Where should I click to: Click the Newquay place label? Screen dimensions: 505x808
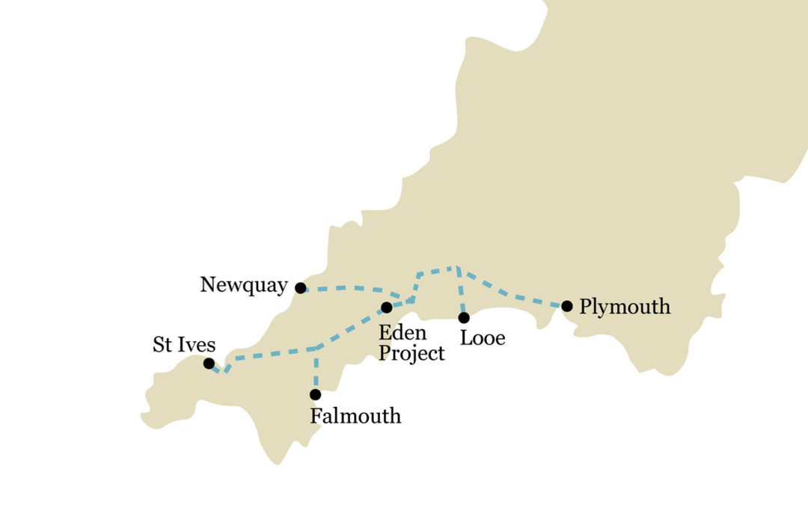pyautogui.click(x=243, y=285)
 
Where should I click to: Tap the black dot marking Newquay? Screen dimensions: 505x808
pyautogui.click(x=300, y=288)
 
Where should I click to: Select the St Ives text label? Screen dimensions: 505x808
pyautogui.click(x=184, y=345)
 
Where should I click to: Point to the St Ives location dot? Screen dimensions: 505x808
pyautogui.click(x=209, y=363)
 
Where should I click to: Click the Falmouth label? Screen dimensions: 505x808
pyautogui.click(x=355, y=416)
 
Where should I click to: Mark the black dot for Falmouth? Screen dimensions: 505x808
pyautogui.click(x=315, y=394)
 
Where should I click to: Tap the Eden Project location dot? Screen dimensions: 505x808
pyautogui.click(x=386, y=307)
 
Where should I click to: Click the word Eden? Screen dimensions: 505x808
pyautogui.click(x=402, y=332)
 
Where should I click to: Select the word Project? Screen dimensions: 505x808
pyautogui.click(x=411, y=353)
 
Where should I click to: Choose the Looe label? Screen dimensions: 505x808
pyautogui.click(x=483, y=338)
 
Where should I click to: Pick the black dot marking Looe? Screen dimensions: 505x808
pyautogui.click(x=464, y=317)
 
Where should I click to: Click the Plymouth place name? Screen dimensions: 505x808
pyautogui.click(x=625, y=307)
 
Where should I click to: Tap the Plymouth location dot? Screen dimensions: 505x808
pyautogui.click(x=567, y=305)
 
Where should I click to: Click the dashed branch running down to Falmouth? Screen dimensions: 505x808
pyautogui.click(x=316, y=370)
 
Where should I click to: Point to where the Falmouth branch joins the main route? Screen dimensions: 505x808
pyautogui.click(x=316, y=349)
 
